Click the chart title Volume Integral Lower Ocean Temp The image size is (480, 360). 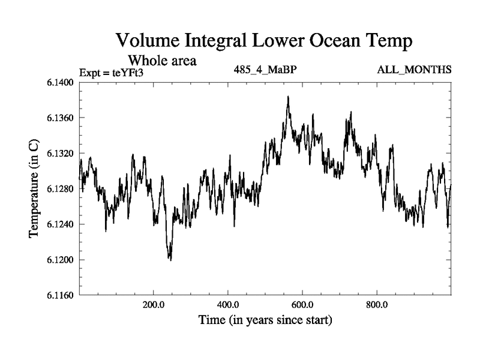point(265,41)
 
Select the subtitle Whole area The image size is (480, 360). point(163,61)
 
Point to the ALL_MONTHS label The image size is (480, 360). point(414,70)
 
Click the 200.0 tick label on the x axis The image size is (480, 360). point(154,304)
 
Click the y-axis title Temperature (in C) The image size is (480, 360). point(34,189)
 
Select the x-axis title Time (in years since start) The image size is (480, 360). point(265,320)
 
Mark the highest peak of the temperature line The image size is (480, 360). point(288,96)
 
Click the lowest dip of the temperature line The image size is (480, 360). point(170,260)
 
